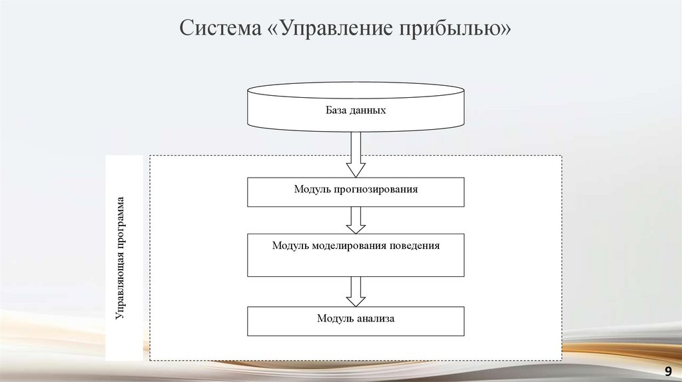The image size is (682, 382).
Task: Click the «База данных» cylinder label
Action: coord(356,110)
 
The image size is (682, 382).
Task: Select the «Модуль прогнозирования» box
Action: coord(356,191)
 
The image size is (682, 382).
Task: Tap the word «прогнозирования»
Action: coord(374,190)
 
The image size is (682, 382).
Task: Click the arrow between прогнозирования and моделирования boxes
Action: coord(356,220)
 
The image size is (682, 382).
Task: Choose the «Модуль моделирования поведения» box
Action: coord(356,255)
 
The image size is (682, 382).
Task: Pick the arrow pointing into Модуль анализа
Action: coord(356,291)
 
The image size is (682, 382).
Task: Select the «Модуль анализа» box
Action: coord(356,320)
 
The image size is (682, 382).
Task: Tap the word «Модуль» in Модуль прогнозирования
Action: coord(310,190)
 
